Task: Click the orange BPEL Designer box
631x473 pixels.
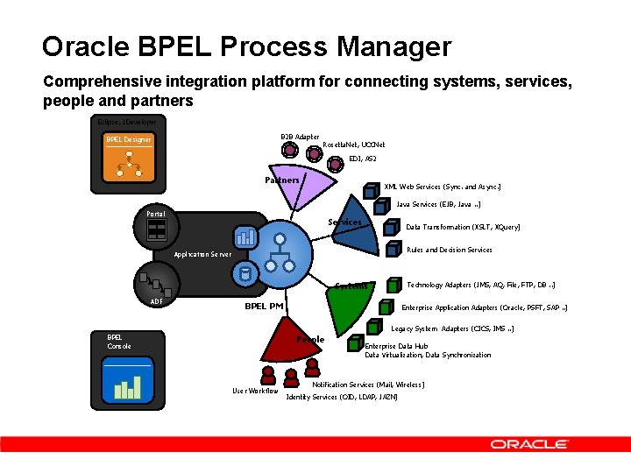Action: coord(129,140)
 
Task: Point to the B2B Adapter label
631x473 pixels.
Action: coord(300,137)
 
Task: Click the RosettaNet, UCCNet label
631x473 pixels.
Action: coord(354,145)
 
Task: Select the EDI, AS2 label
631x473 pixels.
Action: coord(363,159)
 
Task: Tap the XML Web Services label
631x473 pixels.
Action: coord(443,187)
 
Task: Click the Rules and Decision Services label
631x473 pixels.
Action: coord(450,250)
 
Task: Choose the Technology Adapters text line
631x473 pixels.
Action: coord(481,285)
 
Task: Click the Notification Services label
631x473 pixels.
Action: coord(368,385)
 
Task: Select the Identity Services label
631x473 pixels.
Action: coord(342,397)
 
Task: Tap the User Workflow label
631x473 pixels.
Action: coord(255,391)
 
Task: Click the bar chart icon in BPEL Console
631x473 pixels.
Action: coord(128,387)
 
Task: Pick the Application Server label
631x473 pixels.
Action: coord(202,254)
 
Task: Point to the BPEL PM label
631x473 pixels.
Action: coord(264,306)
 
